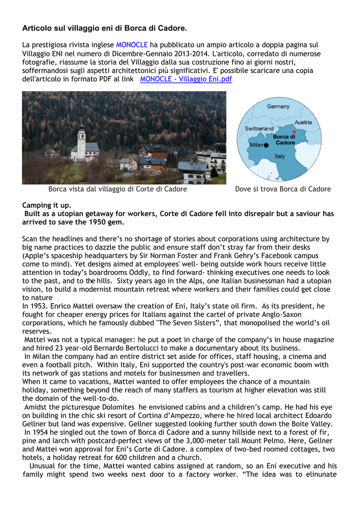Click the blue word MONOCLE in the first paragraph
pyautogui.click(x=132, y=45)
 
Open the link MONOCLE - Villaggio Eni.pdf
pyautogui.click(x=186, y=79)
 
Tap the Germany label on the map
pyautogui.click(x=278, y=107)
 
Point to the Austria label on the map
pyautogui.click(x=303, y=122)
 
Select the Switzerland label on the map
pyautogui.click(x=259, y=128)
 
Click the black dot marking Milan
pyautogui.click(x=266, y=145)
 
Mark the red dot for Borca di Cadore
pyautogui.click(x=294, y=132)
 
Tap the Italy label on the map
pyautogui.click(x=280, y=156)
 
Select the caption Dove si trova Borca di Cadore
pyautogui.click(x=283, y=189)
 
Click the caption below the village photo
pyautogui.click(x=118, y=189)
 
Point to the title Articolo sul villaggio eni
pyautogui.click(x=105, y=28)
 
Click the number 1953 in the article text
pyautogui.click(x=40, y=306)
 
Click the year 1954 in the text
pyautogui.click(x=41, y=433)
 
